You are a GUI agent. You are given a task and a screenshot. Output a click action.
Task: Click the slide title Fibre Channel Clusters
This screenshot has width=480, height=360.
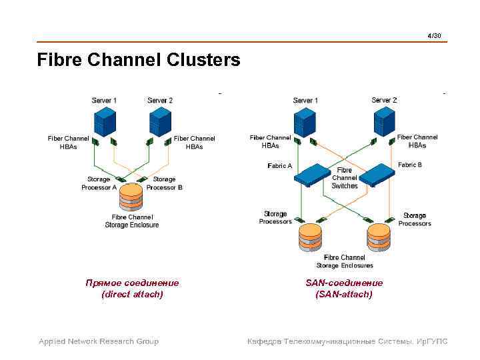point(139,61)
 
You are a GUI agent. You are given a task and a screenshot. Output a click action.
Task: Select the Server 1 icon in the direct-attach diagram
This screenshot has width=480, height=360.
point(105,122)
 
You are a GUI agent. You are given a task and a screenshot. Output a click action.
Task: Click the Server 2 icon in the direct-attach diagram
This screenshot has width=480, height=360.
point(160,122)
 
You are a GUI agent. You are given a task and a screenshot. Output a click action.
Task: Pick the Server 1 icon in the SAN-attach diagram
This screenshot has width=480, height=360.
point(305,122)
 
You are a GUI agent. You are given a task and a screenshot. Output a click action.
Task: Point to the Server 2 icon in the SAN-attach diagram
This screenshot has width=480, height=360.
point(384,122)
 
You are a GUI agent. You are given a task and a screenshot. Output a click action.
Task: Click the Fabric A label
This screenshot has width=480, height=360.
point(279,165)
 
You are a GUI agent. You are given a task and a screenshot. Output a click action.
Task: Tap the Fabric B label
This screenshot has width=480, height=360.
point(409,165)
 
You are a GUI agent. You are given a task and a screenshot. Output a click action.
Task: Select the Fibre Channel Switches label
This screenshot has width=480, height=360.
point(345,178)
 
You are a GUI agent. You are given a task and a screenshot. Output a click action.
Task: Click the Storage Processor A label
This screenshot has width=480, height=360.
point(99,183)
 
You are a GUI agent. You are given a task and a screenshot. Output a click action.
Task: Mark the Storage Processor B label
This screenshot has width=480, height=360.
point(164,183)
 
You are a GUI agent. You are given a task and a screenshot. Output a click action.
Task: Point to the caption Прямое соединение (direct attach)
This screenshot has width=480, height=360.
point(132,288)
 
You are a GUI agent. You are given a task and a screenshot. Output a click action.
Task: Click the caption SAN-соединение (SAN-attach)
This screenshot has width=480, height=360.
point(344,288)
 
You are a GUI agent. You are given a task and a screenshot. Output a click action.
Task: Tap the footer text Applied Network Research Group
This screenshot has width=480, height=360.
point(99,341)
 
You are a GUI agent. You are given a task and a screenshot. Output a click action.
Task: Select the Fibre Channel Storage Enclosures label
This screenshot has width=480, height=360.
point(344,261)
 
